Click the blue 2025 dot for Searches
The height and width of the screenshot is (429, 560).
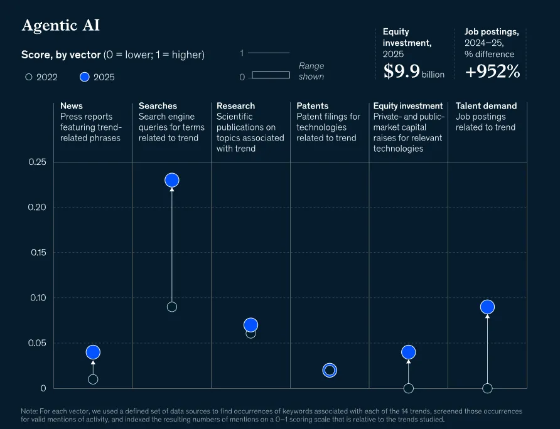pos(172,180)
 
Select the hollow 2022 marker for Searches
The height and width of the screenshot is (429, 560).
pos(172,307)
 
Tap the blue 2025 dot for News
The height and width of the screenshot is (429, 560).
pos(93,352)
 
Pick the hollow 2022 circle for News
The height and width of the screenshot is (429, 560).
pos(93,379)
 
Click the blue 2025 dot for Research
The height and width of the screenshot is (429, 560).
pos(250,325)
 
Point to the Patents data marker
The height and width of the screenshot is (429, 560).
pos(330,370)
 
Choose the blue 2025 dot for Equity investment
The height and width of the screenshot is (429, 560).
pos(409,352)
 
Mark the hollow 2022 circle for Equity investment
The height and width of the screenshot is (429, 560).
pos(409,388)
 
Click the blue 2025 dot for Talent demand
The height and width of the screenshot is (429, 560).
pos(488,307)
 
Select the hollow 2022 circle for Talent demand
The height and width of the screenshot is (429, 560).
pos(488,388)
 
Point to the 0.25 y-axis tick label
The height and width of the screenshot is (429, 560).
pos(38,162)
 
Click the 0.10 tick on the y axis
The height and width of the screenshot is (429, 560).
pos(38,298)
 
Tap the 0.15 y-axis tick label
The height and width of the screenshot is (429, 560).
pos(38,252)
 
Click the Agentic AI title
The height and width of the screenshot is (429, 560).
pos(61,26)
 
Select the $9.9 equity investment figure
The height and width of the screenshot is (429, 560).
pos(402,71)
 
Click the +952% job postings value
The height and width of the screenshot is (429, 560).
pos(492,71)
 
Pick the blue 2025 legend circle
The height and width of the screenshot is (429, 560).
pos(85,77)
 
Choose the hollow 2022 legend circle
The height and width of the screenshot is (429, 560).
pos(29,77)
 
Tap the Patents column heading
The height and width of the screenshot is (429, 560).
pos(313,106)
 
